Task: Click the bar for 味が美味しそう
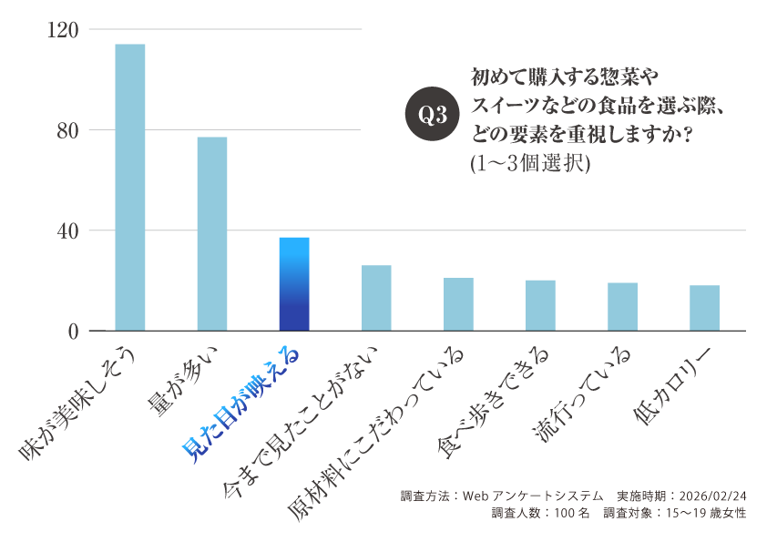[129, 187]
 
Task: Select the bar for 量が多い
[212, 233]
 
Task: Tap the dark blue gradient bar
[294, 283]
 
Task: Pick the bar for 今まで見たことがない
[376, 298]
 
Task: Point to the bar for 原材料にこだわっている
[458, 304]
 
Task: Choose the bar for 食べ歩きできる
[540, 305]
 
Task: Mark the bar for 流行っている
[623, 306]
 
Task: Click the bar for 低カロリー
[705, 308]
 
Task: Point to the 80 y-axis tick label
[66, 130]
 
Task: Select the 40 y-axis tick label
[66, 230]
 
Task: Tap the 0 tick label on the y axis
[72, 332]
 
